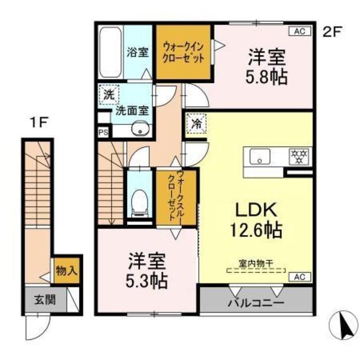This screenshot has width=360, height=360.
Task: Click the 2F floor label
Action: point(332,31)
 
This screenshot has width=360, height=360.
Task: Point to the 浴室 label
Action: point(137,53)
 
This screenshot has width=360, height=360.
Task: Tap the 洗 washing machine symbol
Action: point(107,94)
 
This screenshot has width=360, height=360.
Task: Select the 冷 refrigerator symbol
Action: point(196,123)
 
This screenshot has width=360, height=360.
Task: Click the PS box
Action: point(103,132)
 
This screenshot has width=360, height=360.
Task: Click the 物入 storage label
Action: point(66,271)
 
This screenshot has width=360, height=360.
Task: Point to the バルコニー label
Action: point(255,304)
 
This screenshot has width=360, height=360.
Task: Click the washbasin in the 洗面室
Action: point(139,130)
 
